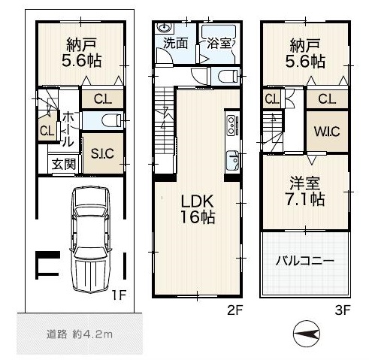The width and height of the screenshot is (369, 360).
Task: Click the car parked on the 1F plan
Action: click(x=90, y=240)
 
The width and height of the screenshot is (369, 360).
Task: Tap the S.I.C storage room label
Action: click(x=102, y=153)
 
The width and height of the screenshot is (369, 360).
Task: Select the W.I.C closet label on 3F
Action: click(x=327, y=132)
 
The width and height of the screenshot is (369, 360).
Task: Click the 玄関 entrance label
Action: click(x=64, y=165)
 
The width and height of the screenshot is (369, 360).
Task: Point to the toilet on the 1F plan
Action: click(x=112, y=120)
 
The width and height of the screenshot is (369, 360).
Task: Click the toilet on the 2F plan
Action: click(x=228, y=76)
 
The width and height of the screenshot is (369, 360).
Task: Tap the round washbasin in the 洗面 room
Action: click(x=164, y=28)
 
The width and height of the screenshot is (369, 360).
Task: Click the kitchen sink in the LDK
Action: click(x=233, y=160)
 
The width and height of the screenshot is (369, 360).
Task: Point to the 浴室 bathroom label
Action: click(x=219, y=44)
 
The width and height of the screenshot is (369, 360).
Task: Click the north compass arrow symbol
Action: click(x=307, y=334)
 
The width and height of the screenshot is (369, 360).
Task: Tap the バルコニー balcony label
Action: click(x=305, y=262)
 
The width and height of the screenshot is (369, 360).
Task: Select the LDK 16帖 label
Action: click(x=198, y=209)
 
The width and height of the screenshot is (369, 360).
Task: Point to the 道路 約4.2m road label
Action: click(x=80, y=334)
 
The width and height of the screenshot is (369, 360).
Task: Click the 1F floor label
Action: click(x=119, y=295)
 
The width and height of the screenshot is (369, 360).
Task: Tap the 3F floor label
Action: click(x=343, y=310)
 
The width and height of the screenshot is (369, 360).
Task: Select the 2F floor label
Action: click(x=235, y=310)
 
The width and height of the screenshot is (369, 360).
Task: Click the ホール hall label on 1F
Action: click(x=68, y=129)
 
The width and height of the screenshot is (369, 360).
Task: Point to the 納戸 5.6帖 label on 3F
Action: click(x=305, y=53)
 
